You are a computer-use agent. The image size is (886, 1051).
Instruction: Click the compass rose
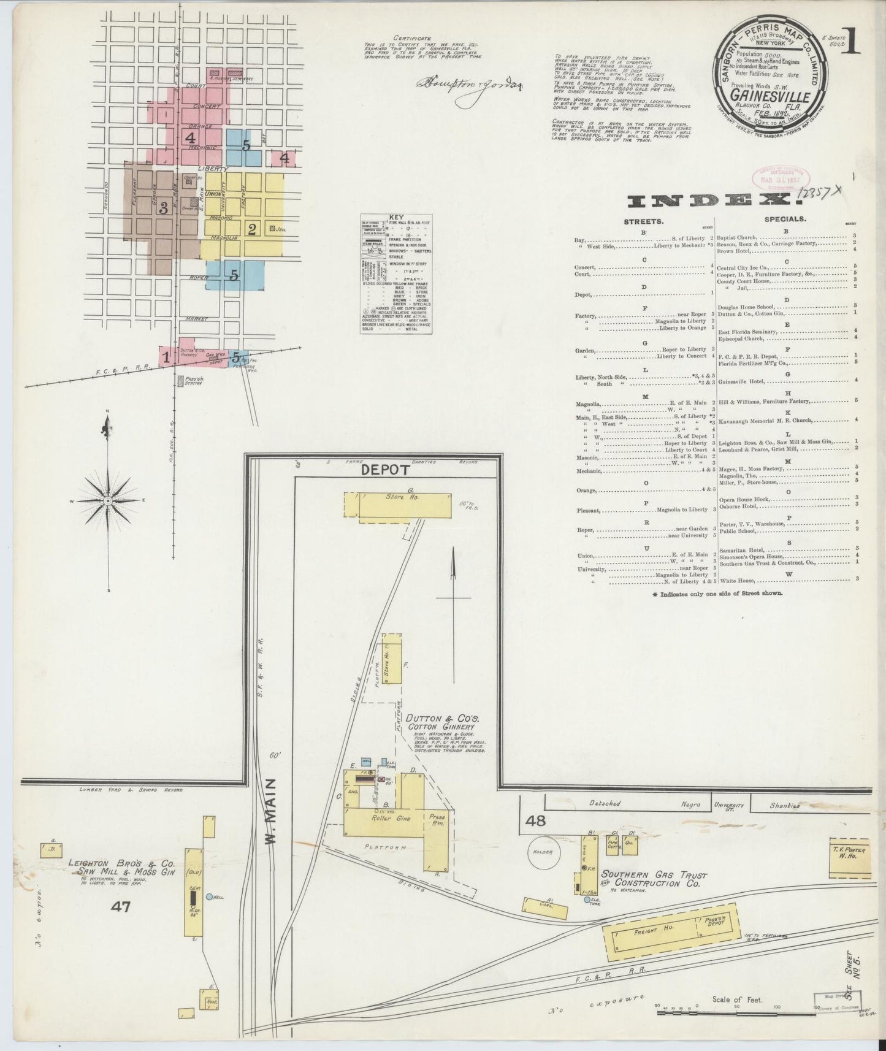(108, 500)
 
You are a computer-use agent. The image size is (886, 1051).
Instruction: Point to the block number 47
(121, 906)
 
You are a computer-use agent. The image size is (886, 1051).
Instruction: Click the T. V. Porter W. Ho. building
(849, 854)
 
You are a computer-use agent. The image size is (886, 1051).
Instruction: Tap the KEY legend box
(396, 273)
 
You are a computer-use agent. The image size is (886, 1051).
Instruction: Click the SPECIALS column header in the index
(785, 218)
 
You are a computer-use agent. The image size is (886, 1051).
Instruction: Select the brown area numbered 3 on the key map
(163, 208)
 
